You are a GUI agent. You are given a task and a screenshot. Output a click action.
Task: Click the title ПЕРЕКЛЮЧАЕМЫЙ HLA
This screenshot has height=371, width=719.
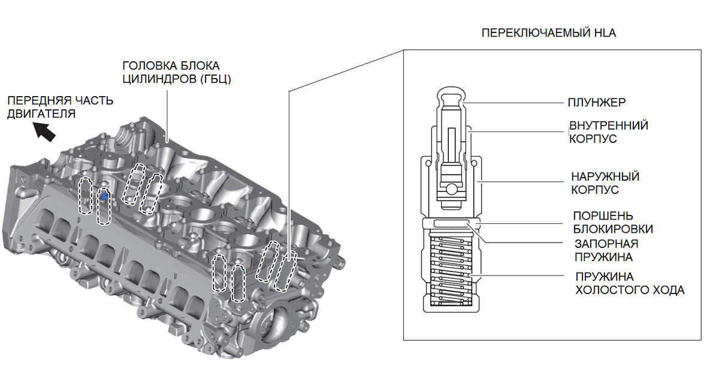pyautogui.click(x=548, y=33)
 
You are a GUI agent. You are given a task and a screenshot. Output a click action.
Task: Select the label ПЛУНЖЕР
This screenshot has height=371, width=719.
pyautogui.click(x=597, y=103)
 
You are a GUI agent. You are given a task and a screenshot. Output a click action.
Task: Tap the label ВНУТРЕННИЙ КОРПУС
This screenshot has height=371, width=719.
pyautogui.click(x=608, y=132)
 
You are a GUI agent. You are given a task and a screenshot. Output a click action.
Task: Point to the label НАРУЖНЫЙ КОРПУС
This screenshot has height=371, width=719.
pyautogui.click(x=605, y=183)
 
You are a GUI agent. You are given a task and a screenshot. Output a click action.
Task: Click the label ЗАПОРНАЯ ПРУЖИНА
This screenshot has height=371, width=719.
pyautogui.click(x=606, y=250)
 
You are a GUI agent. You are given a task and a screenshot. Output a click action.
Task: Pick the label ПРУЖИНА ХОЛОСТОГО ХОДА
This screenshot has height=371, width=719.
pyautogui.click(x=629, y=283)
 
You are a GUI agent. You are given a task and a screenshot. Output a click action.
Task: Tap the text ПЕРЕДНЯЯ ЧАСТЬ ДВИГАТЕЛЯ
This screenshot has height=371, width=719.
pyautogui.click(x=60, y=106)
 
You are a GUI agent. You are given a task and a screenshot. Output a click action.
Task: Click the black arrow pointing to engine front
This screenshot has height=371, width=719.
pyautogui.click(x=45, y=130)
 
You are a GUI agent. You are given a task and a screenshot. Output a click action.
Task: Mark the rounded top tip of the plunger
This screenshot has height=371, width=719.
pyautogui.click(x=451, y=94)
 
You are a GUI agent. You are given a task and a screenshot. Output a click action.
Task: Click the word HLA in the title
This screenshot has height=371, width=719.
pyautogui.click(x=604, y=33)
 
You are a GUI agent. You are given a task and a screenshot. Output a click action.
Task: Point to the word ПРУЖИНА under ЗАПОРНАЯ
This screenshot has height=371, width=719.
pyautogui.click(x=604, y=257)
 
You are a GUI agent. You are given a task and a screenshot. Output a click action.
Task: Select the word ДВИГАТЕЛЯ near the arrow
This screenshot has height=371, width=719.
pyautogui.click(x=41, y=113)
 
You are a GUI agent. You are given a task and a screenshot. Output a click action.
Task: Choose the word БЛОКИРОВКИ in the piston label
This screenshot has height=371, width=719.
pyautogui.click(x=612, y=229)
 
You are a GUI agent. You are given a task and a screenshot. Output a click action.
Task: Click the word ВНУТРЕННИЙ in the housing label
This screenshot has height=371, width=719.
pyautogui.click(x=608, y=125)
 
